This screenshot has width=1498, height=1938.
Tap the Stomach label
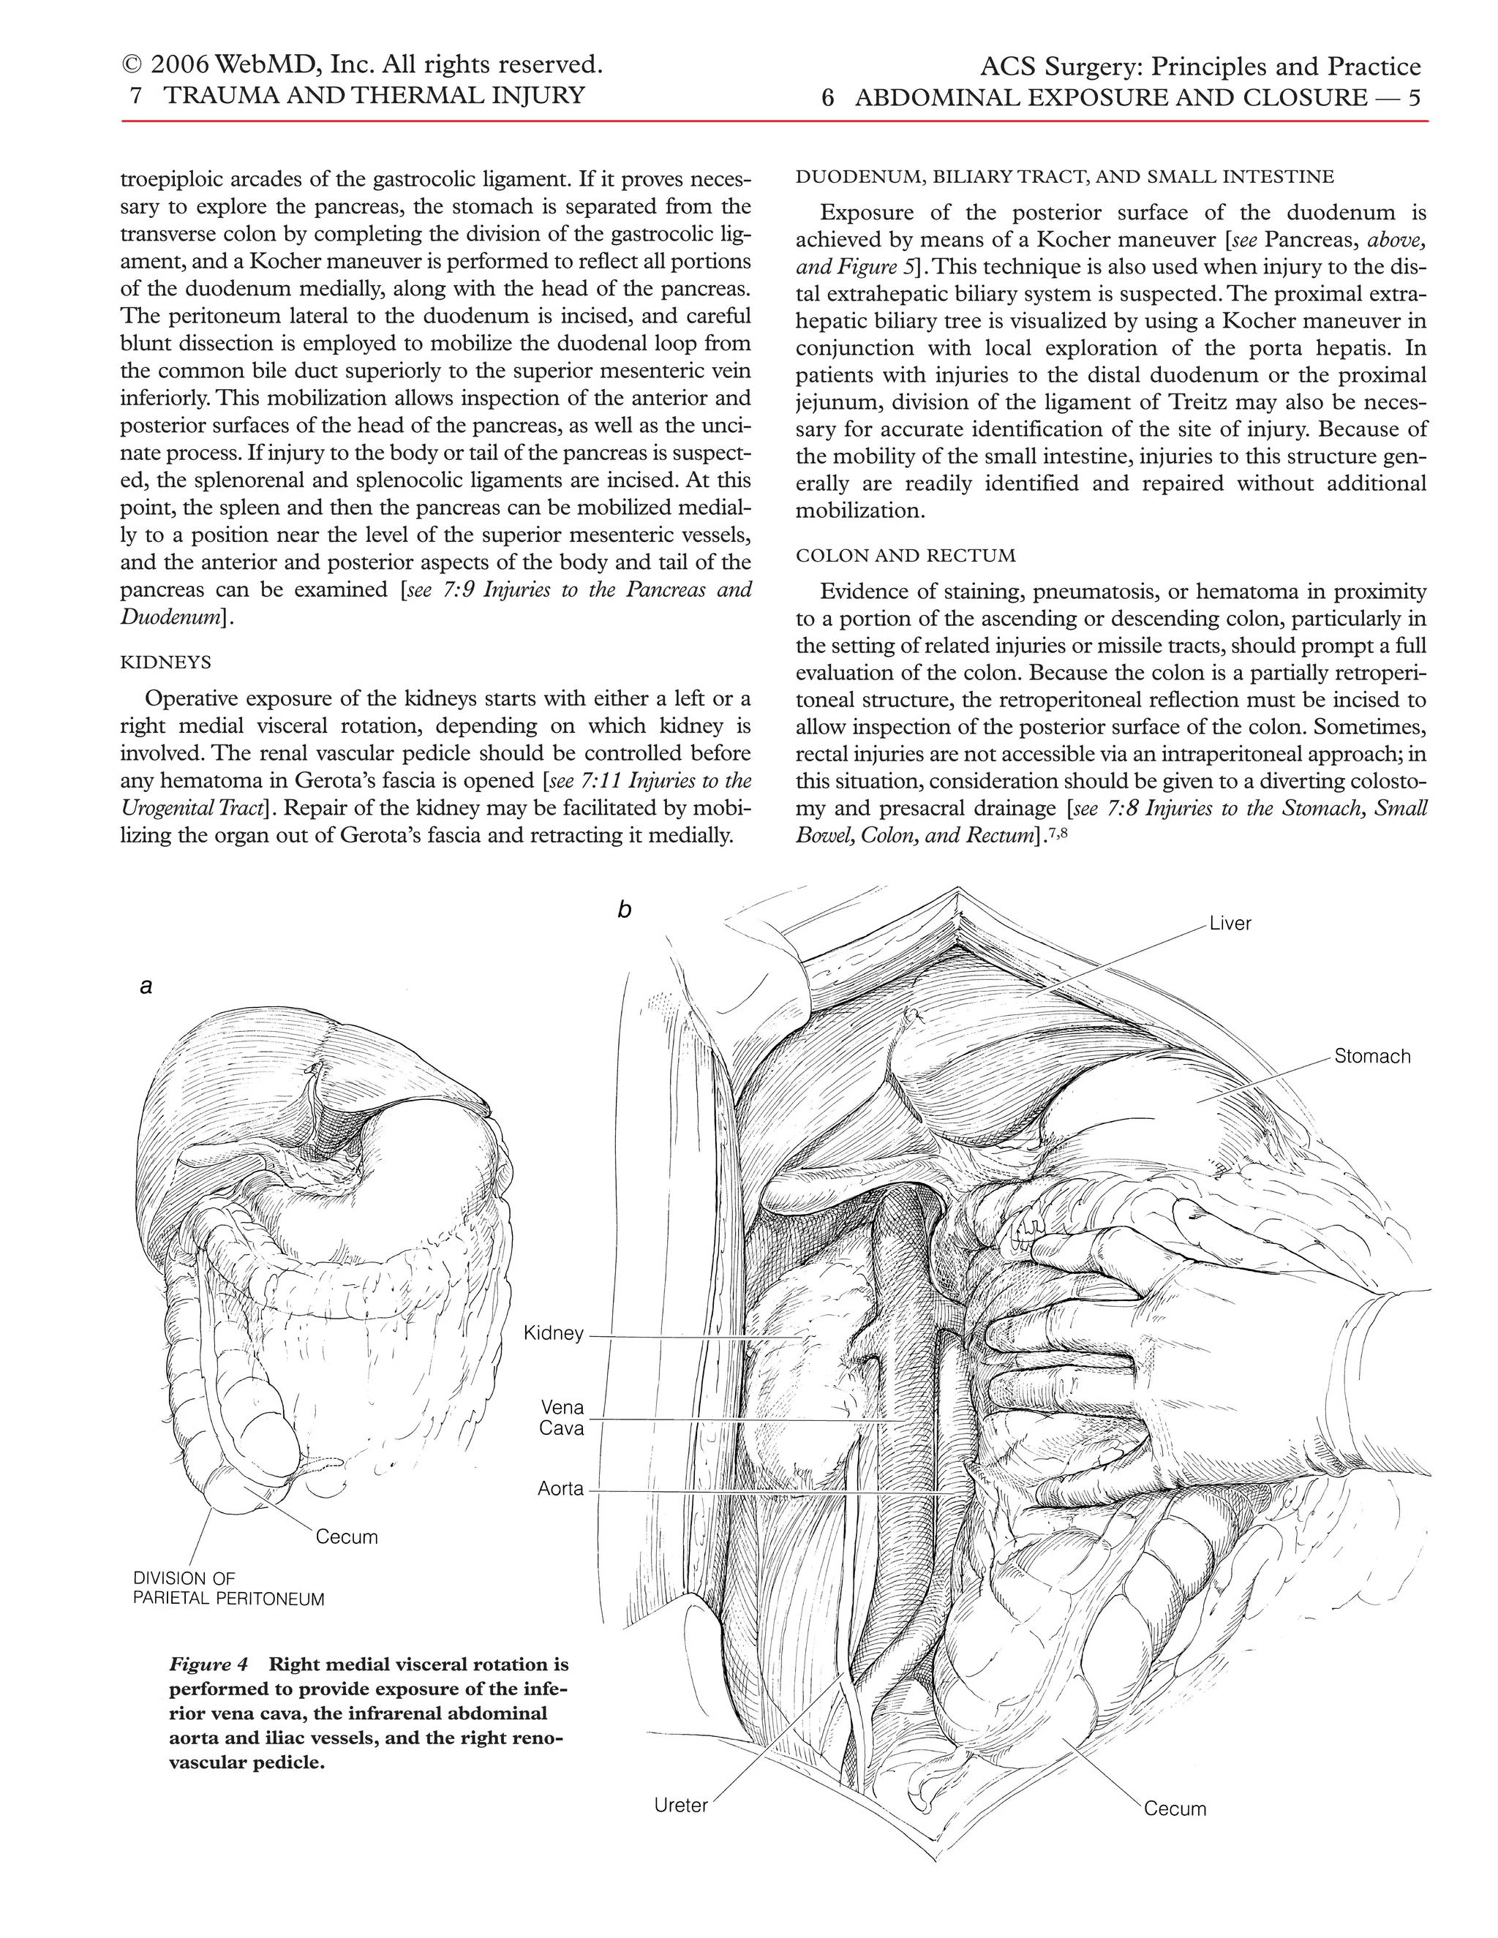click(x=1371, y=1057)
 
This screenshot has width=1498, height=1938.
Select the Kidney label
click(x=553, y=1334)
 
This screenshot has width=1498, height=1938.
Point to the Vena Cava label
click(x=562, y=1418)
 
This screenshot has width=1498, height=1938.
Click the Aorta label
click(x=560, y=1489)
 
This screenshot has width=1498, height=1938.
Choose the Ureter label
click(x=681, y=1806)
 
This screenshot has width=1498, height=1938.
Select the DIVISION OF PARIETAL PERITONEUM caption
click(x=228, y=1589)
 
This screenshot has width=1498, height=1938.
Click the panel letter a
click(x=146, y=986)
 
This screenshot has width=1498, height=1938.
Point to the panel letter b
click(x=625, y=910)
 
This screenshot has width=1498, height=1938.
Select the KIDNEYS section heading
click(x=166, y=663)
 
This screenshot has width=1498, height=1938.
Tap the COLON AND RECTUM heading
click(x=906, y=557)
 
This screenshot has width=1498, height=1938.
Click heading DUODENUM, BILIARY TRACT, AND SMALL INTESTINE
click(x=1064, y=176)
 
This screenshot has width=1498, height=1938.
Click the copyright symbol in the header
click(x=132, y=66)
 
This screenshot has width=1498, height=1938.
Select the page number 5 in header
click(x=1415, y=97)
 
